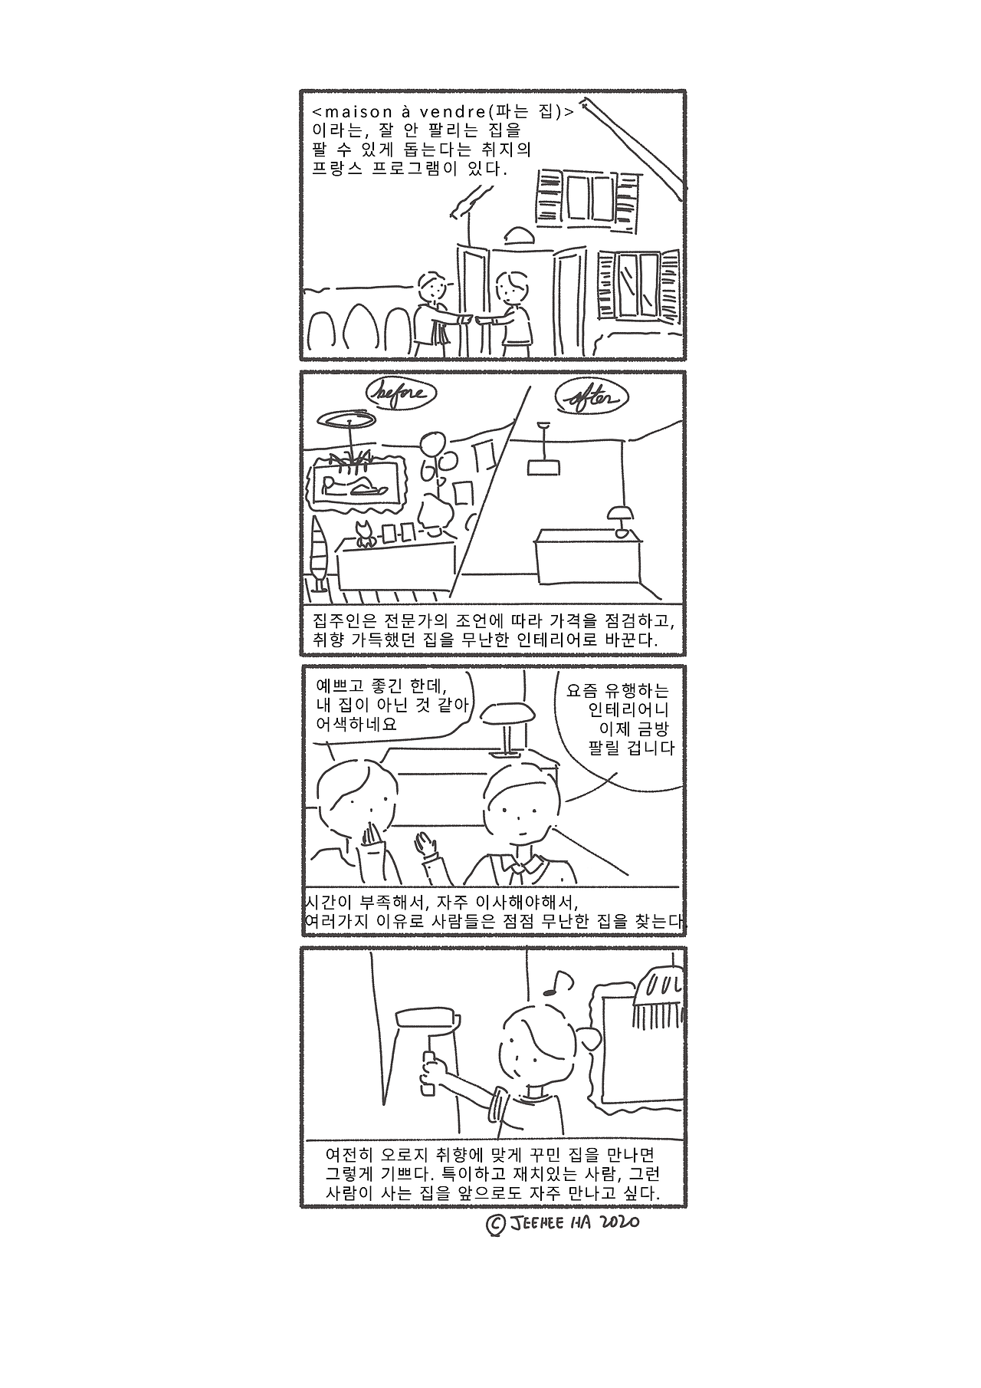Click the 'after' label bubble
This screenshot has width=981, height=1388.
click(x=591, y=397)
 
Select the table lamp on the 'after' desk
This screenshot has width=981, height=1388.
click(x=619, y=518)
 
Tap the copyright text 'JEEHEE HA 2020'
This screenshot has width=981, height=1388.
click(x=563, y=1222)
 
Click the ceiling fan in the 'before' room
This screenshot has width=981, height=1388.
click(x=348, y=419)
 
